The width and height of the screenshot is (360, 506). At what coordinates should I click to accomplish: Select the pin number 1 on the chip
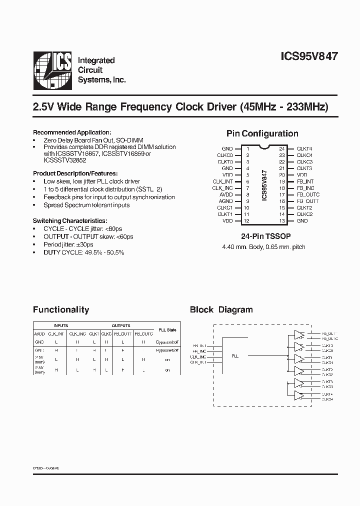click(247, 149)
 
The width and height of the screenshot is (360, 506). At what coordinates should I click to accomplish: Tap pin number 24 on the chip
click(282, 149)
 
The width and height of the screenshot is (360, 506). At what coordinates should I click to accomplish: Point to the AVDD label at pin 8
click(226, 194)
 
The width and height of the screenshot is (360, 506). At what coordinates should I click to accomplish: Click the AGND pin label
click(226, 201)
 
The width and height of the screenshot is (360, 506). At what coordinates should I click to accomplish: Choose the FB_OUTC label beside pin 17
click(308, 194)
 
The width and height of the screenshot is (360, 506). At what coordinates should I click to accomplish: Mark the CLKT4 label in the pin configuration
click(304, 149)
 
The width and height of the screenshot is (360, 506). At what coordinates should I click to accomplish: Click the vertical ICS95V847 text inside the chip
click(264, 185)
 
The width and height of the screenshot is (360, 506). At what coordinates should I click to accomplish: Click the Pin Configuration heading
click(262, 133)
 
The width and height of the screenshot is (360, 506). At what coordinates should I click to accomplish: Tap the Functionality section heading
click(61, 309)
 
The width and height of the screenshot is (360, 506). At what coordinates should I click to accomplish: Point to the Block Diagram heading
click(221, 309)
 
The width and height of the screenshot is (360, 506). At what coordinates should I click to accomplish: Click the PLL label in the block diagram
click(235, 356)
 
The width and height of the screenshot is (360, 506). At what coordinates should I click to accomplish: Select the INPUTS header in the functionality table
click(60, 325)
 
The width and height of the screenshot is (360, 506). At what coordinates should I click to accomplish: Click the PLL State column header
click(167, 329)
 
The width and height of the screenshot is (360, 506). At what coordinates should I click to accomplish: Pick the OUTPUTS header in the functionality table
click(121, 325)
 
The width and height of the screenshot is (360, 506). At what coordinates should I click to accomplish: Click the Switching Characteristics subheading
click(69, 220)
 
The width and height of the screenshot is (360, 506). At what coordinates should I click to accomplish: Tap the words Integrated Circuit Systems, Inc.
click(101, 70)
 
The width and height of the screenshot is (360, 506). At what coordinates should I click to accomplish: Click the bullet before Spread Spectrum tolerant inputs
click(35, 205)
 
